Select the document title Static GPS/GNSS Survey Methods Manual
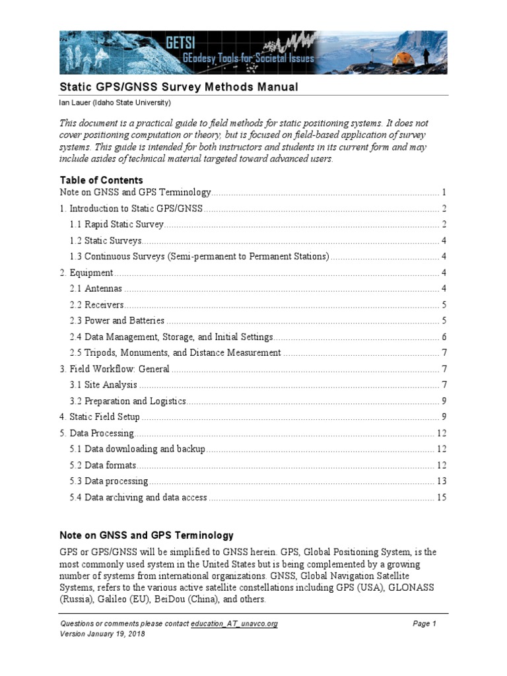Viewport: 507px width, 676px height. tap(179, 87)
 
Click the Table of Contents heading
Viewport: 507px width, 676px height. tap(101, 180)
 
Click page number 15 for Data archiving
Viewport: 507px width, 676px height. tap(441, 497)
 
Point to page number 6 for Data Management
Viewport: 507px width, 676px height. tap(445, 337)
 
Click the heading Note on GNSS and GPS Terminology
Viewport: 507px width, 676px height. tap(147, 535)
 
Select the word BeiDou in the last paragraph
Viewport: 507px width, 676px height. tap(172, 599)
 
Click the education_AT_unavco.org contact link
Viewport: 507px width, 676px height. tap(234, 624)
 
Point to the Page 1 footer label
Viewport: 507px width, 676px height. tap(424, 624)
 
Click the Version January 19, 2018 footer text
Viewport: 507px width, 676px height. tap(102, 634)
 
